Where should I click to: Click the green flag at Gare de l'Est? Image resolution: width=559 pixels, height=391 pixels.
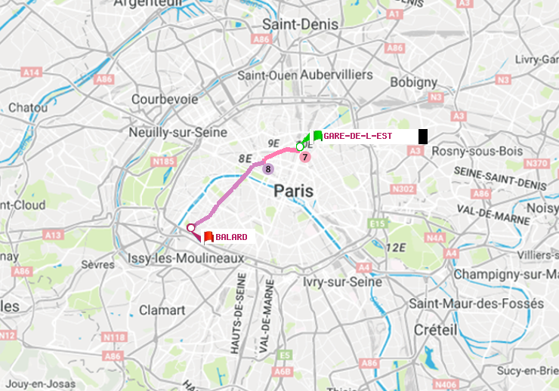pyautogui.click(x=317, y=136)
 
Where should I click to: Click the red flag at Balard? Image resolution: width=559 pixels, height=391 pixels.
pyautogui.click(x=208, y=236)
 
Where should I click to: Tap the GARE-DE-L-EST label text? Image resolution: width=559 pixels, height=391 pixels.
pyautogui.click(x=357, y=136)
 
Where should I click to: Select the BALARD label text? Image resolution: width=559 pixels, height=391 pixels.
pyautogui.click(x=231, y=237)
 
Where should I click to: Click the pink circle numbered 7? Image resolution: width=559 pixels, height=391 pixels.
pyautogui.click(x=304, y=157)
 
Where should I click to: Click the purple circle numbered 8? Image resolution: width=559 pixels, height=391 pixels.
pyautogui.click(x=267, y=168)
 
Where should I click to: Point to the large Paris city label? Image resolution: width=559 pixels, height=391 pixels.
pyautogui.click(x=293, y=191)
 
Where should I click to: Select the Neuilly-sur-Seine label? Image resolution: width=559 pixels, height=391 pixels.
pyautogui.click(x=178, y=132)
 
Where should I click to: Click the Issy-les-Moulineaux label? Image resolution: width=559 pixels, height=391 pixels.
pyautogui.click(x=187, y=259)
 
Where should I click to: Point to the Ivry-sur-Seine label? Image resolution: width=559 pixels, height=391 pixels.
pyautogui.click(x=343, y=282)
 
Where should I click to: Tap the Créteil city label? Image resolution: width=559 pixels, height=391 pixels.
pyautogui.click(x=436, y=330)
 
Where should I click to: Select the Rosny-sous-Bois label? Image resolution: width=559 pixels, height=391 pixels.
pyautogui.click(x=477, y=151)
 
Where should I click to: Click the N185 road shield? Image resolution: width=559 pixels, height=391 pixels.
pyautogui.click(x=163, y=161)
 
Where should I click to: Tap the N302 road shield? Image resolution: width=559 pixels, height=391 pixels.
pyautogui.click(x=404, y=189)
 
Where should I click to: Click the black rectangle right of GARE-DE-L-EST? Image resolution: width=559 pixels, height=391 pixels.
pyautogui.click(x=423, y=136)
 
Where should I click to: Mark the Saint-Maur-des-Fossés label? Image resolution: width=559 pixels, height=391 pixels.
pyautogui.click(x=476, y=303)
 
